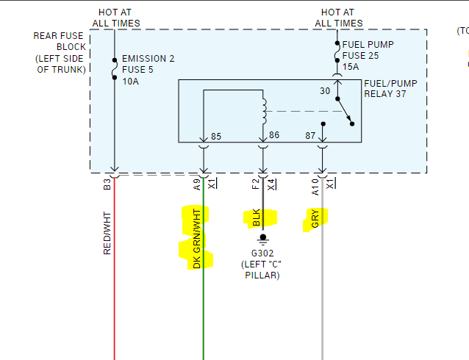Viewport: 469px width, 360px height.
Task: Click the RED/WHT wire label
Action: [107, 233]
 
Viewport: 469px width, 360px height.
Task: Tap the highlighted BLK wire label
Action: [257, 217]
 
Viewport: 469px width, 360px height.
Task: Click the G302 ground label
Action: [262, 253]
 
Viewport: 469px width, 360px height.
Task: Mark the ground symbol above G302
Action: [262, 238]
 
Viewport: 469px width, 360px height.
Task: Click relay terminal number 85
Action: [216, 136]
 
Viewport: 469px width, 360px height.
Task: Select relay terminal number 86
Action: [275, 135]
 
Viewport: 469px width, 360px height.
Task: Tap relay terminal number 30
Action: [325, 91]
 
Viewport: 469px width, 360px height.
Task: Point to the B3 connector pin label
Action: [107, 184]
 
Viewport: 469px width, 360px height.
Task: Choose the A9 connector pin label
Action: [196, 184]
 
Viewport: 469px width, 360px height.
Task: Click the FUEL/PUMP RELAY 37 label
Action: [390, 89]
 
